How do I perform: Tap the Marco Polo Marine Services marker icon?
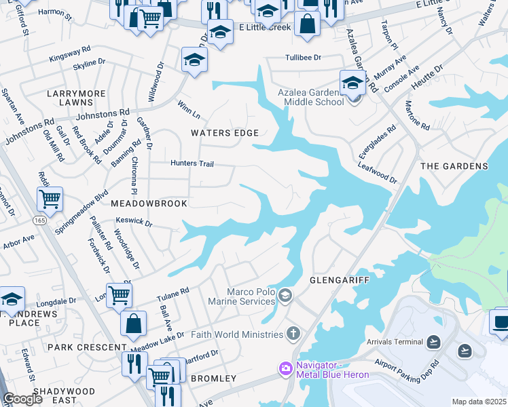[286, 294]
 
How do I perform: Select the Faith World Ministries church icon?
[293, 334]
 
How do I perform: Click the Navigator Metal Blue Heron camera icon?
[285, 368]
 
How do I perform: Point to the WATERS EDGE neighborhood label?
[225, 133]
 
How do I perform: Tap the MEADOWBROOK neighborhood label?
[147, 203]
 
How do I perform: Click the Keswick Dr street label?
[134, 222]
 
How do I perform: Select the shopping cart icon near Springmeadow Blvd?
[50, 199]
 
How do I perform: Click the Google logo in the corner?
[23, 399]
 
